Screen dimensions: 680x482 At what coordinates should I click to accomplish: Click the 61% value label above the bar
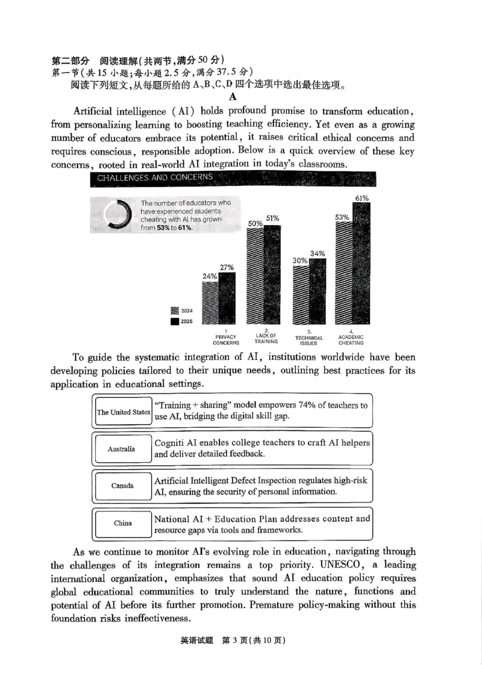click(362, 198)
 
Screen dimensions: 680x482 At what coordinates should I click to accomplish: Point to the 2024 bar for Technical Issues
click(301, 295)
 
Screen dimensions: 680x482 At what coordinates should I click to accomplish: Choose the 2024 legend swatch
click(175, 311)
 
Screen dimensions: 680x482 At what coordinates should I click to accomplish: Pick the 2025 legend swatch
click(175, 322)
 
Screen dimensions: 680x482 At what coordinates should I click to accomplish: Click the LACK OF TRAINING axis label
click(266, 338)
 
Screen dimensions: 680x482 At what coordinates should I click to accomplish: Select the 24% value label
click(210, 276)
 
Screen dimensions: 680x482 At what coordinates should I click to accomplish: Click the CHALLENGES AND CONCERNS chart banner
click(233, 178)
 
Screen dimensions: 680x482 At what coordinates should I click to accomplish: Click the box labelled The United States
click(124, 412)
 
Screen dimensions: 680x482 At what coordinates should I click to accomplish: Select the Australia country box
click(122, 449)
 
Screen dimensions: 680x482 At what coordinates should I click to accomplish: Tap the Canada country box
click(122, 486)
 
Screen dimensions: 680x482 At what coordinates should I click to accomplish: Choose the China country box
click(122, 523)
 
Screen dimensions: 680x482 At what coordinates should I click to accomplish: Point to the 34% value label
click(318, 253)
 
